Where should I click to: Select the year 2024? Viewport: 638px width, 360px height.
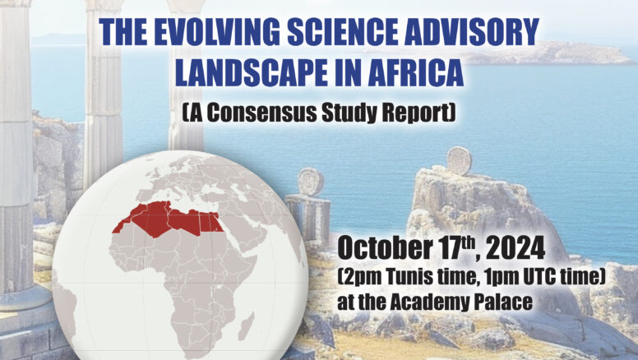click(x=515, y=247)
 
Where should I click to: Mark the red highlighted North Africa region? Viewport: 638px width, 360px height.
click(x=168, y=219)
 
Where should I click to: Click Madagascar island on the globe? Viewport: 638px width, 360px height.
click(x=247, y=325)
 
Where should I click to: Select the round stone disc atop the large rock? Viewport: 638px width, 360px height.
click(x=459, y=160)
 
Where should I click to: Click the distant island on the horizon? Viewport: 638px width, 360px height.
click(x=545, y=53)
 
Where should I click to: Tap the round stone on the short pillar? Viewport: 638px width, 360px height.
click(x=311, y=182)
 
